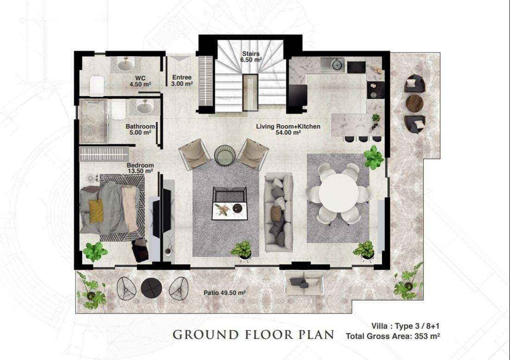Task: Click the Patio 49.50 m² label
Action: pos(224,293)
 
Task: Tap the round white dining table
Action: pos(339,193)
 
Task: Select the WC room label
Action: pos(140,81)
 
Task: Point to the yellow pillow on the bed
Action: pos(96,211)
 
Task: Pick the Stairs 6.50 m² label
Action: pos(251,57)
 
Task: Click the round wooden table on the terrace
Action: pos(415,103)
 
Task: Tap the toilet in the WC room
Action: pos(97,85)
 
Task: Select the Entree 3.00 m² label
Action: pos(182,80)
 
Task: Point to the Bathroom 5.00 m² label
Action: pos(140,129)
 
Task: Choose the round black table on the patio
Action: pos(151,288)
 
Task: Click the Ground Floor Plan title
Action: pos(253,335)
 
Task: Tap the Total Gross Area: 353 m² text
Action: pos(393,336)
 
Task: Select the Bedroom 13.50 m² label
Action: pos(140,168)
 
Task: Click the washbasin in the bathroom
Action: pos(145,107)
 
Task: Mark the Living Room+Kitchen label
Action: pos(288,129)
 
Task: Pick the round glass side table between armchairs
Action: pos(225,156)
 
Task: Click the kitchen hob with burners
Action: pos(376,90)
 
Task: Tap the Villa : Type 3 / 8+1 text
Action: pos(405,326)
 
